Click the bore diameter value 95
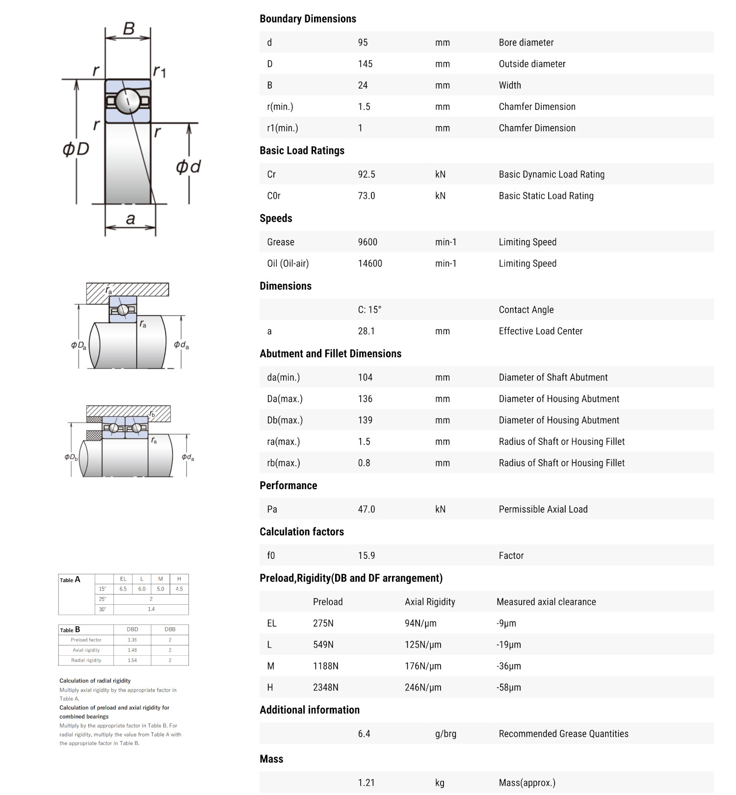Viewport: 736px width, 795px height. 363,43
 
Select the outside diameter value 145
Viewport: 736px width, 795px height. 365,64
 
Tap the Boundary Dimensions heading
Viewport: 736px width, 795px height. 308,19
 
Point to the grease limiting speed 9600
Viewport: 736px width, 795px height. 368,242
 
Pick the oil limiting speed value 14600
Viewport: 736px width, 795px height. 369,264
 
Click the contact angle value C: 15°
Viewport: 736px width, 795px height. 369,310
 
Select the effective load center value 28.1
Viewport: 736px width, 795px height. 366,331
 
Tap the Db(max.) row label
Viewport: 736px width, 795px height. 285,421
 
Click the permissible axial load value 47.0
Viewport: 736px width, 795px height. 366,509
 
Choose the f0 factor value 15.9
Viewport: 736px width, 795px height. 366,556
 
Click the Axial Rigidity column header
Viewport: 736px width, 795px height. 430,602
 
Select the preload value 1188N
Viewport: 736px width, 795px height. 325,666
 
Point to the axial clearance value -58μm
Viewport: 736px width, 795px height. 508,688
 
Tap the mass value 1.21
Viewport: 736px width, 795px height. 366,783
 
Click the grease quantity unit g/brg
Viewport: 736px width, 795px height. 446,734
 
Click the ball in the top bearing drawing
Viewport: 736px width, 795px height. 128,101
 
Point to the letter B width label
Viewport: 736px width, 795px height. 129,28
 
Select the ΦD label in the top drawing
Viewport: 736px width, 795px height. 76,149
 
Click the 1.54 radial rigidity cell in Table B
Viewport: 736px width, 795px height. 132,660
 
